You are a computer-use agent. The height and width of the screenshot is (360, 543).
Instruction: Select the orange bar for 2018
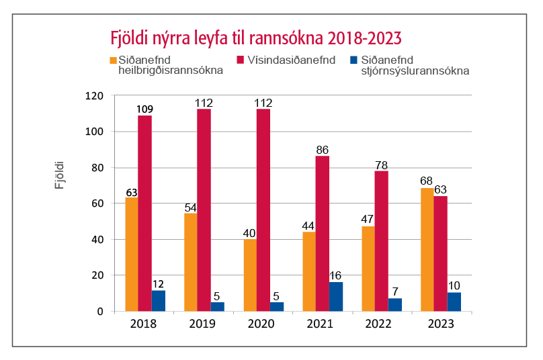(132, 254)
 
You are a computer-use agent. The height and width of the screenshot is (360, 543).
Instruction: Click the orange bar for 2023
(427, 249)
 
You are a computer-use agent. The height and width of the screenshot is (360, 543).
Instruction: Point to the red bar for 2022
(381, 240)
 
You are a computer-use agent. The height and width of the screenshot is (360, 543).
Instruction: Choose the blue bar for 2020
(277, 306)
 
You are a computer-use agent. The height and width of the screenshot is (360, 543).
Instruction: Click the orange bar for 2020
(250, 275)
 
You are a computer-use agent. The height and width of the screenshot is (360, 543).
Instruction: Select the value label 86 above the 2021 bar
(322, 149)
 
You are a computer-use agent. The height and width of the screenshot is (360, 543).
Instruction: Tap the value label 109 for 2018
(144, 109)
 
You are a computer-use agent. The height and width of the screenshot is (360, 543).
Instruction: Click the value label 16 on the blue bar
(336, 275)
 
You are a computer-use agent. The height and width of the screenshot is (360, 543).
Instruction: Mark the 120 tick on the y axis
(93, 96)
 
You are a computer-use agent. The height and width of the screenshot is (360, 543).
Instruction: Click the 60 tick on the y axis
(96, 204)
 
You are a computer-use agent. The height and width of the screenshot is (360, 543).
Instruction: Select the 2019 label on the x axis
(203, 324)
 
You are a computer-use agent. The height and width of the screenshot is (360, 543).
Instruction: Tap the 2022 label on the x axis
(381, 324)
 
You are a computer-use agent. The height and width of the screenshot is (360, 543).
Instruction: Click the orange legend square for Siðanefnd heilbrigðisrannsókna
(112, 60)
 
